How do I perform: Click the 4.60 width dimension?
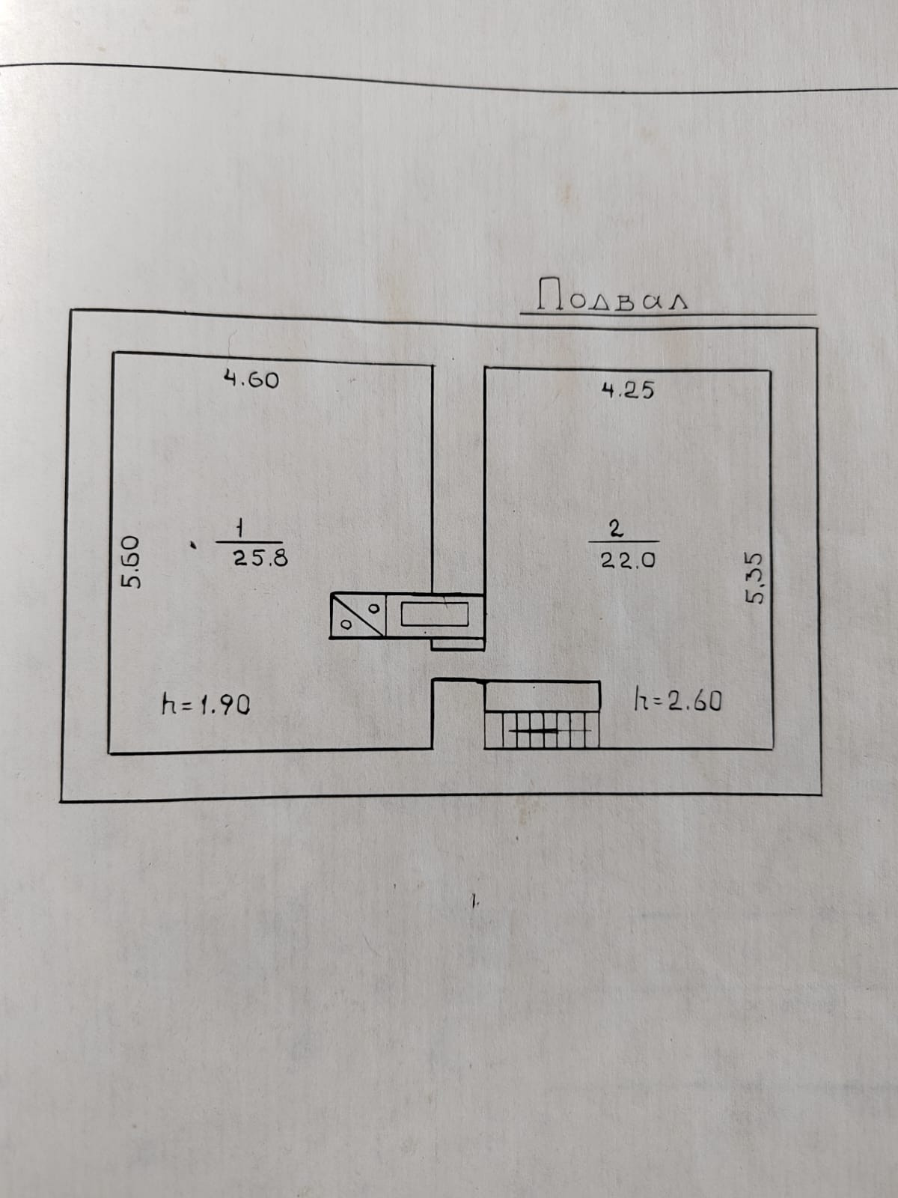[x=251, y=380]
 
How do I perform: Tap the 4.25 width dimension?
[x=628, y=389]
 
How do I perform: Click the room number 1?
[x=239, y=528]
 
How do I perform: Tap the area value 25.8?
[x=260, y=557]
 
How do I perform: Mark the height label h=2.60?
[x=677, y=701]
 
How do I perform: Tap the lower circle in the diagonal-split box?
[x=346, y=623]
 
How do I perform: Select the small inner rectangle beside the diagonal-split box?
[x=435, y=614]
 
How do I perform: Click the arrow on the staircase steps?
[x=540, y=729]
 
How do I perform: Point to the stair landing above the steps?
[x=543, y=696]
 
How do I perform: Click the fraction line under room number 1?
[x=249, y=542]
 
